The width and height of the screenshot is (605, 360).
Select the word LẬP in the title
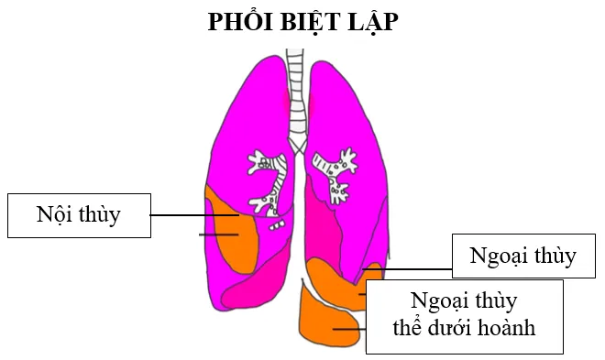[x=373, y=22]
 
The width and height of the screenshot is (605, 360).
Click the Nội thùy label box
[x=79, y=215]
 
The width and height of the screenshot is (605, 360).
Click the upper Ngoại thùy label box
[x=523, y=256]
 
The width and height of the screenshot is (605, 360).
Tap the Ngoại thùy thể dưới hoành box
[x=464, y=316]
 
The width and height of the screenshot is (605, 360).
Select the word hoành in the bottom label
[x=506, y=328]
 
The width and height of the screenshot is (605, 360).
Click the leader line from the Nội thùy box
[x=194, y=215]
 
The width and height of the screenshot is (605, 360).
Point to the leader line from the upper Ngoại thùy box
[x=407, y=269]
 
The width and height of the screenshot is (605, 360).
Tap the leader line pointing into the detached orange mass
[x=349, y=329]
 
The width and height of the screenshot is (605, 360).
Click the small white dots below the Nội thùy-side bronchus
[x=278, y=225]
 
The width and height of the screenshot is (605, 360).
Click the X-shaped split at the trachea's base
[x=297, y=147]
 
